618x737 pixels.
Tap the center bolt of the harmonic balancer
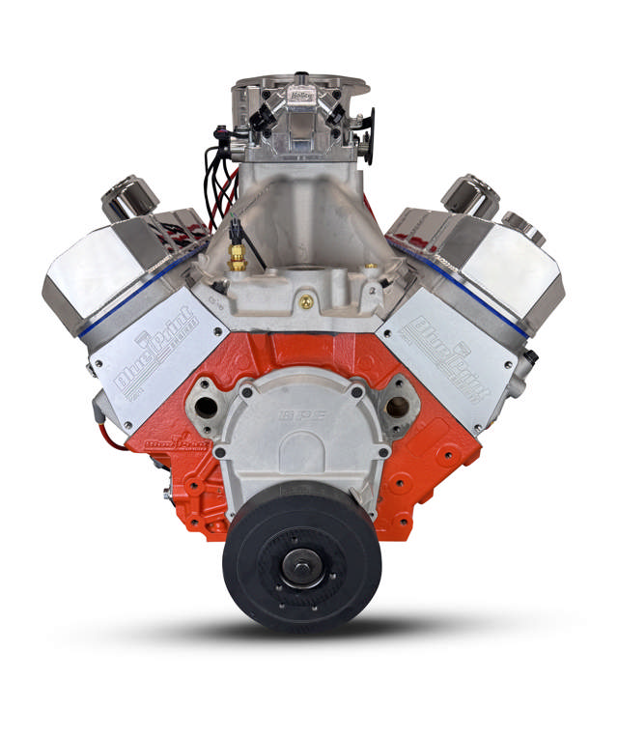tap(302, 568)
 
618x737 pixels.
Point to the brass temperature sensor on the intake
tap(236, 257)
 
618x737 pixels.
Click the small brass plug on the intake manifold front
tap(306, 302)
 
